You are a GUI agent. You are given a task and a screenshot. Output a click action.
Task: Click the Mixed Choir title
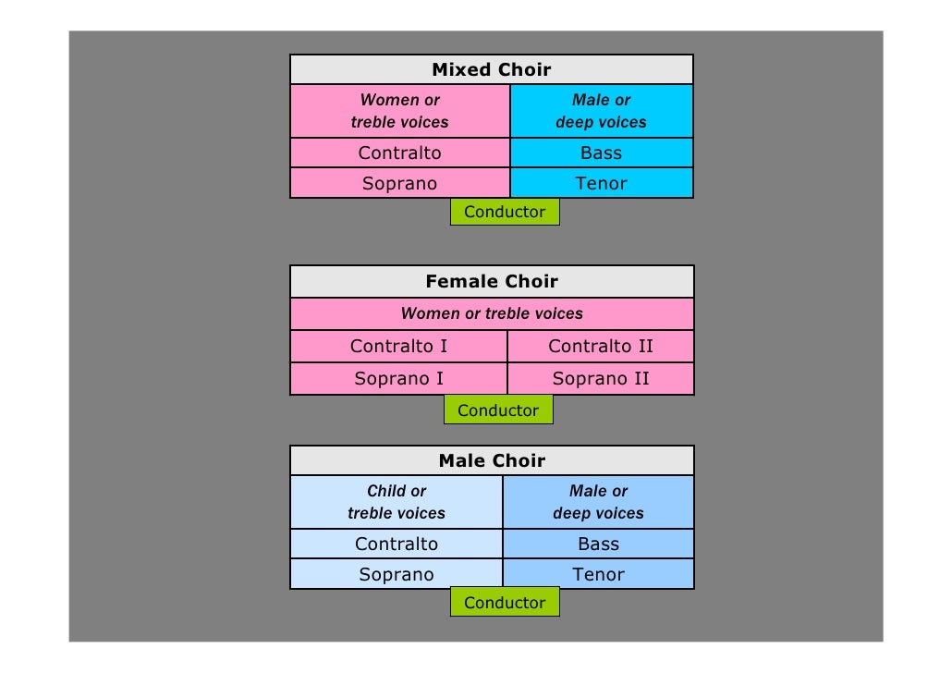coord(491,70)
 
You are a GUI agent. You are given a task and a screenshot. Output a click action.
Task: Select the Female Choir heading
coord(491,282)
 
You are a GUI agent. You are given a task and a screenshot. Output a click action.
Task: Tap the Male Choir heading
coord(491,461)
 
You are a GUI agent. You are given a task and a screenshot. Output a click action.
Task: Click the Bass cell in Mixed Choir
coord(601,153)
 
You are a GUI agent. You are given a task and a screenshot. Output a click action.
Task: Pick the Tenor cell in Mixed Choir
coord(601,183)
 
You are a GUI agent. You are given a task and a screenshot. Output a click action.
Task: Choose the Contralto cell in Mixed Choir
coord(399,153)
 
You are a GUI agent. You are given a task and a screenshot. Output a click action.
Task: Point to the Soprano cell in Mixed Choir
coord(399,183)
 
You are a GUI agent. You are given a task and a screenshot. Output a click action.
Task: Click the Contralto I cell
coord(398,347)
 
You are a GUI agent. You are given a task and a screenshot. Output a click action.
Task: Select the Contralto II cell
coord(600,347)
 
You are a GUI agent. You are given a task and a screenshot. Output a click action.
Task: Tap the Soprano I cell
coord(398,378)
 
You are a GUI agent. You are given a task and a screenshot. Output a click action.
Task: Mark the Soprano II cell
coord(600,378)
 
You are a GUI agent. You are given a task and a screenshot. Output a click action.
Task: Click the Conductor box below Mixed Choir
coord(505,212)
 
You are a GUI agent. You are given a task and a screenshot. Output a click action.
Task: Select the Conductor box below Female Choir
coord(498,410)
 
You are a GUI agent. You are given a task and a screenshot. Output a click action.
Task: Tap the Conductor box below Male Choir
coord(505,603)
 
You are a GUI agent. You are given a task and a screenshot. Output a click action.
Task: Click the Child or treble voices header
coord(397,502)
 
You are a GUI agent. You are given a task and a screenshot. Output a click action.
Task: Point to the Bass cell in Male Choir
coord(598,545)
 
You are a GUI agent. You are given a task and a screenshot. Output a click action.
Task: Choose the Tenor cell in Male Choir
coord(598,574)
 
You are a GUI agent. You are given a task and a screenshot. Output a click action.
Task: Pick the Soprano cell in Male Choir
coord(397,574)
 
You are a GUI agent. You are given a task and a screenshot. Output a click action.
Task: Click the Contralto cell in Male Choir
coord(397,545)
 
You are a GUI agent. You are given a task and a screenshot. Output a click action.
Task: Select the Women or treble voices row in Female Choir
coord(492,313)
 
